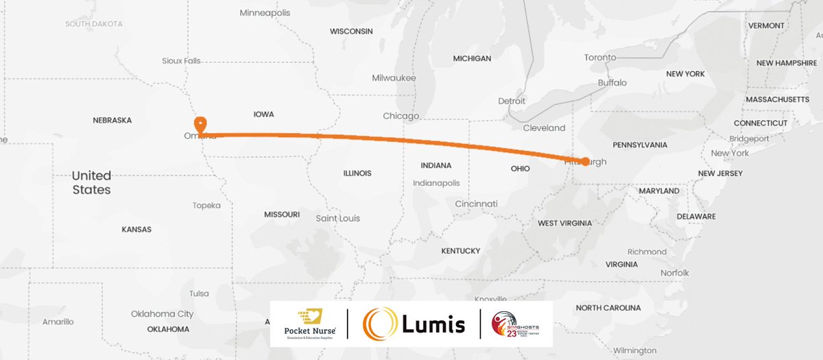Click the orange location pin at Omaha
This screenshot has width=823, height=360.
200,125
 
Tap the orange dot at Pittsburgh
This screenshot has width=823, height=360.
585,161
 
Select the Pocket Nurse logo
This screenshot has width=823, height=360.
308,323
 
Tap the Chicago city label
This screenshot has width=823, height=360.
401,116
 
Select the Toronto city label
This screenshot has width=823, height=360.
600,58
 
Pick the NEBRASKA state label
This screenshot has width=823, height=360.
112,120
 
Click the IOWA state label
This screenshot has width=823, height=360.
264,115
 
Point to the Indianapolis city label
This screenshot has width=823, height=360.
436,183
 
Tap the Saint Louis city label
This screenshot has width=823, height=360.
337,218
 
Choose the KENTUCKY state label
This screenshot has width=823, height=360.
461,251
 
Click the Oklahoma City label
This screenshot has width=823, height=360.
163,314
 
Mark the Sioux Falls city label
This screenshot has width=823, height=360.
182,60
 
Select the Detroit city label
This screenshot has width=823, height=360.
512,101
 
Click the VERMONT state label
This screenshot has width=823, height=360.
766,25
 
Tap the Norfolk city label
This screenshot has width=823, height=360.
675,273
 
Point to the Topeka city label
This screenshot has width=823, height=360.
206,205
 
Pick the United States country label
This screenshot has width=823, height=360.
92,182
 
